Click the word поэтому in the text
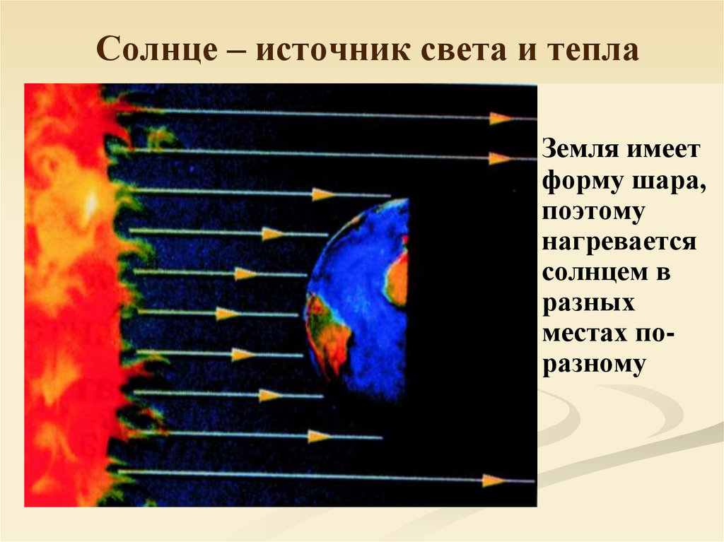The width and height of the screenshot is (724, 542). click(x=592, y=211)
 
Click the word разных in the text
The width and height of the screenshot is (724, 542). click(x=588, y=303)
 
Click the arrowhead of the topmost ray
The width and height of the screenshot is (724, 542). click(x=501, y=118)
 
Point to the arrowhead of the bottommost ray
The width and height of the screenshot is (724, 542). click(x=494, y=481)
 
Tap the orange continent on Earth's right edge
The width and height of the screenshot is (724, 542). click(x=397, y=279)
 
